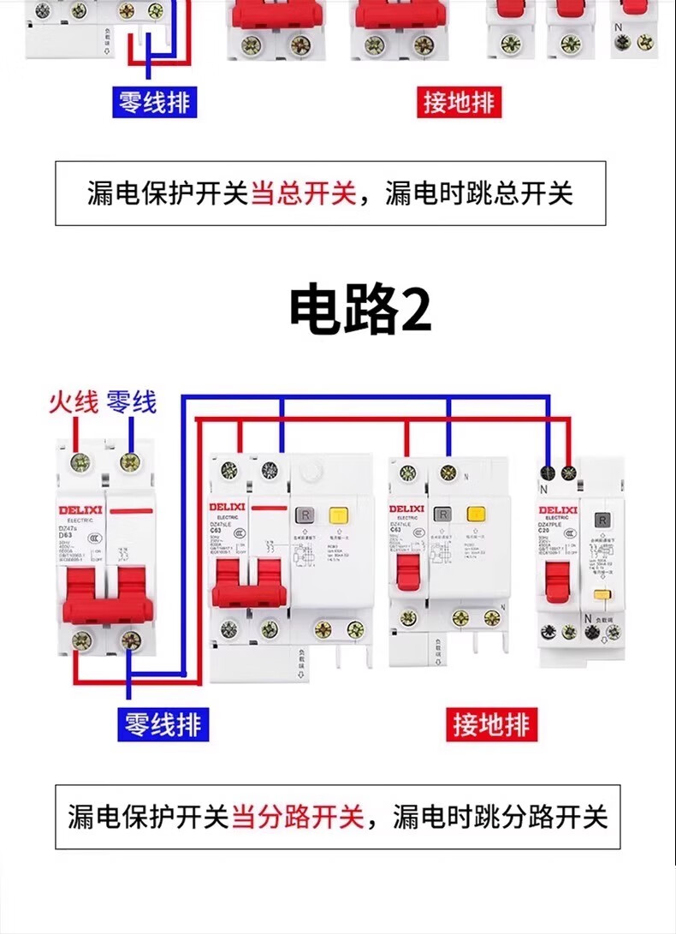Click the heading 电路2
coord(359,310)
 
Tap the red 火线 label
coord(73,402)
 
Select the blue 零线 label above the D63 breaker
coord(131,402)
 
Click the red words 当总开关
coord(302,193)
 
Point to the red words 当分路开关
coord(297,817)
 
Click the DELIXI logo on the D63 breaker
coord(79,509)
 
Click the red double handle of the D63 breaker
coord(106,592)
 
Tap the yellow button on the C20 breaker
coord(602,595)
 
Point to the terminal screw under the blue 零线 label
coord(130,462)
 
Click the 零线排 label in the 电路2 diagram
coord(162,725)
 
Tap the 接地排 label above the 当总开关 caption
coord(459,103)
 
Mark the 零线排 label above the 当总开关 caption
coord(154,103)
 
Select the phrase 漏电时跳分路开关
coord(500,817)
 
